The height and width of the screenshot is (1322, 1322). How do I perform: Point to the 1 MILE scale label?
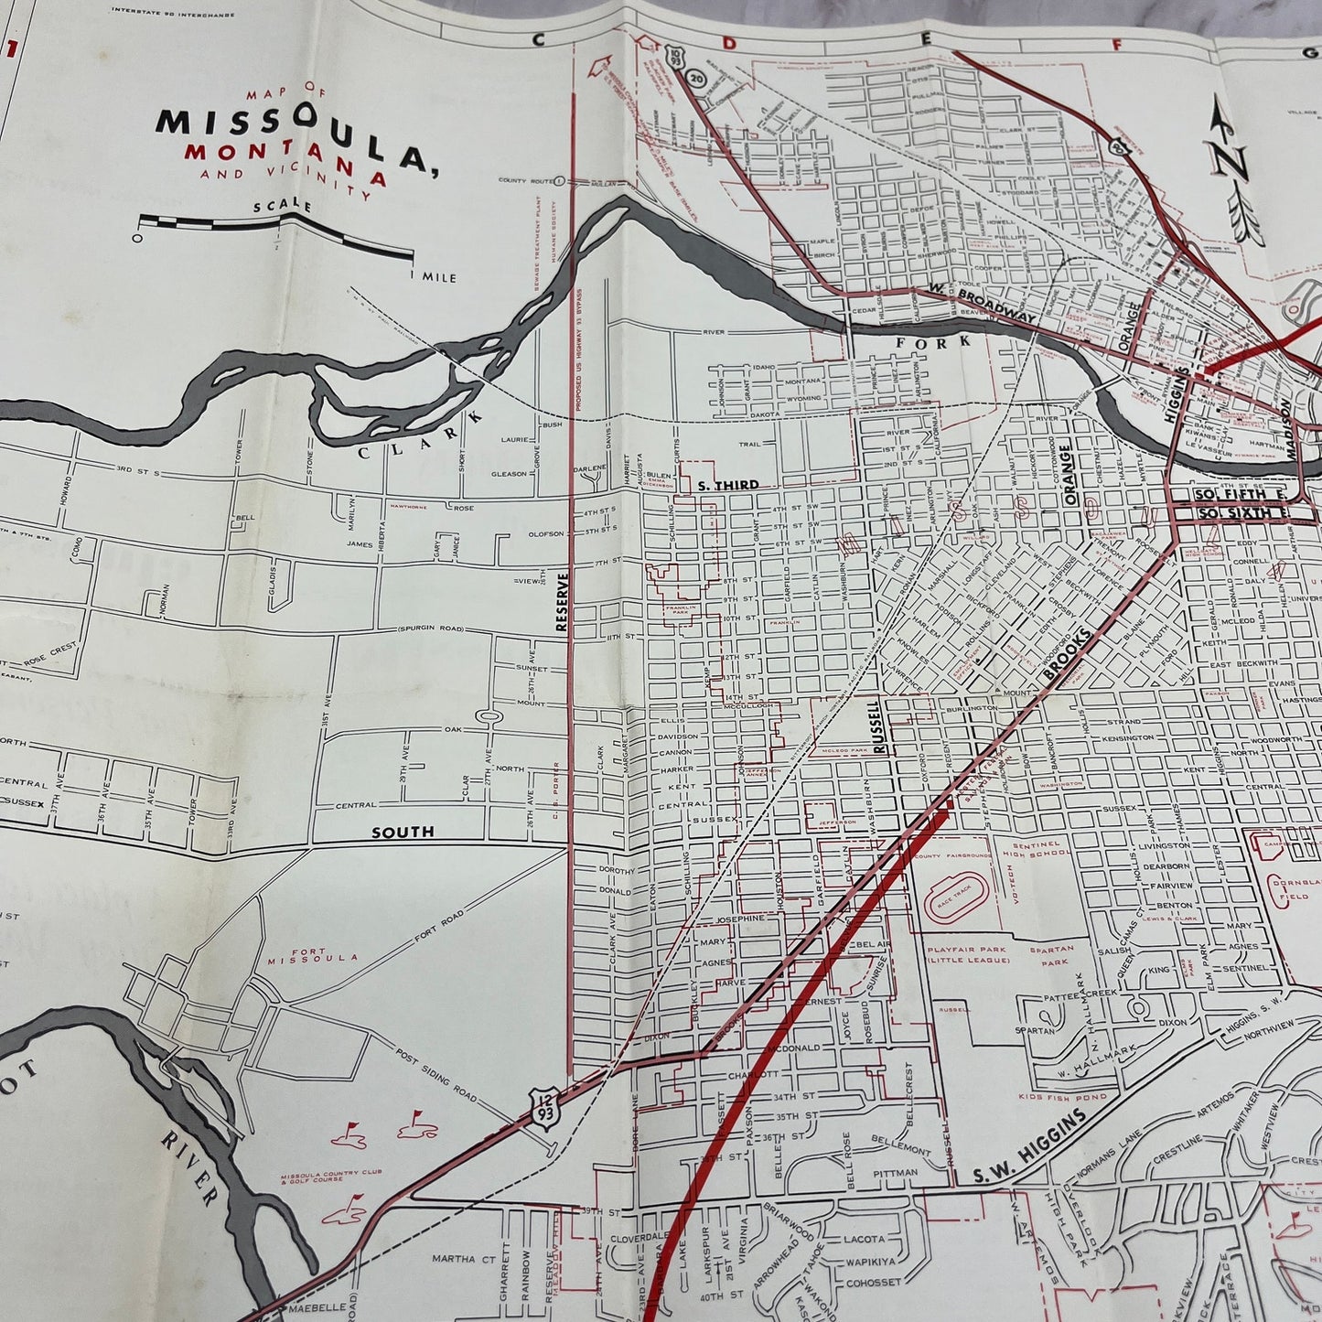point(435,275)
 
